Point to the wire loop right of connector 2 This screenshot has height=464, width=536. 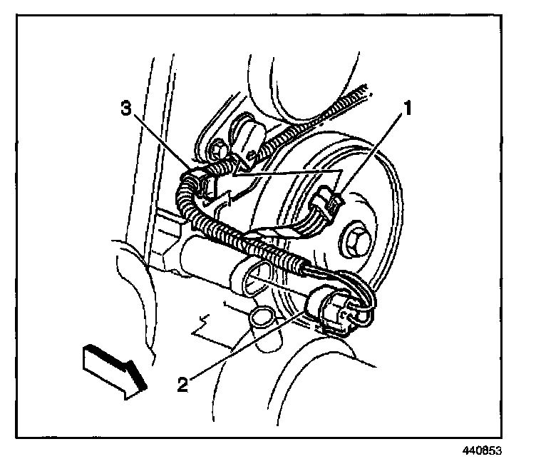pyautogui.click(x=367, y=307)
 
